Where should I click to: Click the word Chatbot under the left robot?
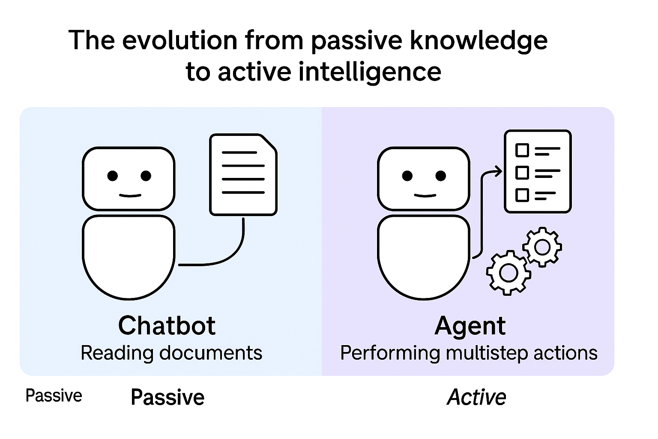(167, 326)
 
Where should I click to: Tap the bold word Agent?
(470, 326)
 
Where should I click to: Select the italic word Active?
(476, 397)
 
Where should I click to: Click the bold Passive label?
(167, 397)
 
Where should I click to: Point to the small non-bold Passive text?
(54, 395)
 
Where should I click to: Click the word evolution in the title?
(180, 41)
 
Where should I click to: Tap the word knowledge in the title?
(479, 41)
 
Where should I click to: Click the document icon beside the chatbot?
(243, 174)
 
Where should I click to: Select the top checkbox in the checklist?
(522, 150)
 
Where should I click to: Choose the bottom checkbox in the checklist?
(522, 195)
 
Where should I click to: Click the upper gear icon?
(542, 247)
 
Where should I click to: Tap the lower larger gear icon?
(508, 273)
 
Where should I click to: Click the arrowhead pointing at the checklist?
(498, 172)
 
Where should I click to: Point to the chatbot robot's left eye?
(113, 176)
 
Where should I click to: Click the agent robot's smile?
(425, 195)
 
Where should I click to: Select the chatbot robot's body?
(129, 255)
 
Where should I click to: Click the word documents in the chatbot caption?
(210, 353)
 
